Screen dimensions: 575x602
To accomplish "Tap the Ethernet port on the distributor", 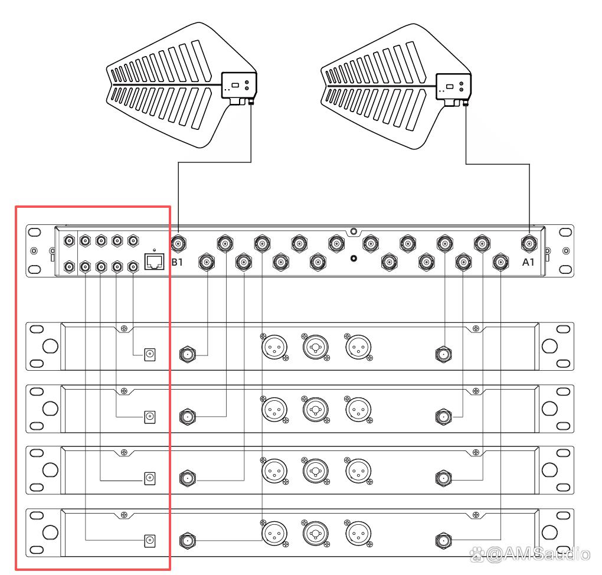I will (154, 262).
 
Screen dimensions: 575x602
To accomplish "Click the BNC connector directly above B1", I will (178, 242).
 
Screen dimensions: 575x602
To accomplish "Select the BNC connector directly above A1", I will (528, 242).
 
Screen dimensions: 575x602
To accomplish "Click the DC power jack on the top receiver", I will (150, 354).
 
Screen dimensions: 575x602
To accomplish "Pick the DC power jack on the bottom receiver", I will (150, 540).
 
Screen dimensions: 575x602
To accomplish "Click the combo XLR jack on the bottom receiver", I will (313, 532).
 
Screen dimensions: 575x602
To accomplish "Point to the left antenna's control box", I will (238, 86).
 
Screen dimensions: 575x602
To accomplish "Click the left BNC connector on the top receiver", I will (187, 355).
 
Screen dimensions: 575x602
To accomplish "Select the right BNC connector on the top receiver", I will (443, 355).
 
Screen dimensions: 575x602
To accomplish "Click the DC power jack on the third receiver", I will (150, 478).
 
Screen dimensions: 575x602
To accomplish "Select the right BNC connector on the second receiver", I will (443, 417).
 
